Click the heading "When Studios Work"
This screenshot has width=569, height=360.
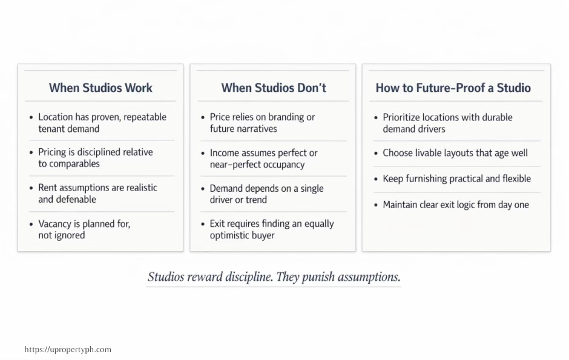100,88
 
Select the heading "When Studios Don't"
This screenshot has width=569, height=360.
274,88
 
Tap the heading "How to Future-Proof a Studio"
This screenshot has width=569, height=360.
453,88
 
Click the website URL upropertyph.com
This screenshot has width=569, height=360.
68,350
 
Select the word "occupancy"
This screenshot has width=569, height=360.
283,165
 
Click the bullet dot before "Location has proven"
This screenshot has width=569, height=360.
31,117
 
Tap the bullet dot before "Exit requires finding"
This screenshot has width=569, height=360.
203,224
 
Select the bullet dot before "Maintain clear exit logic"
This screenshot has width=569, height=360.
376,205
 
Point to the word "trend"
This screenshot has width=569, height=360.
256,200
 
